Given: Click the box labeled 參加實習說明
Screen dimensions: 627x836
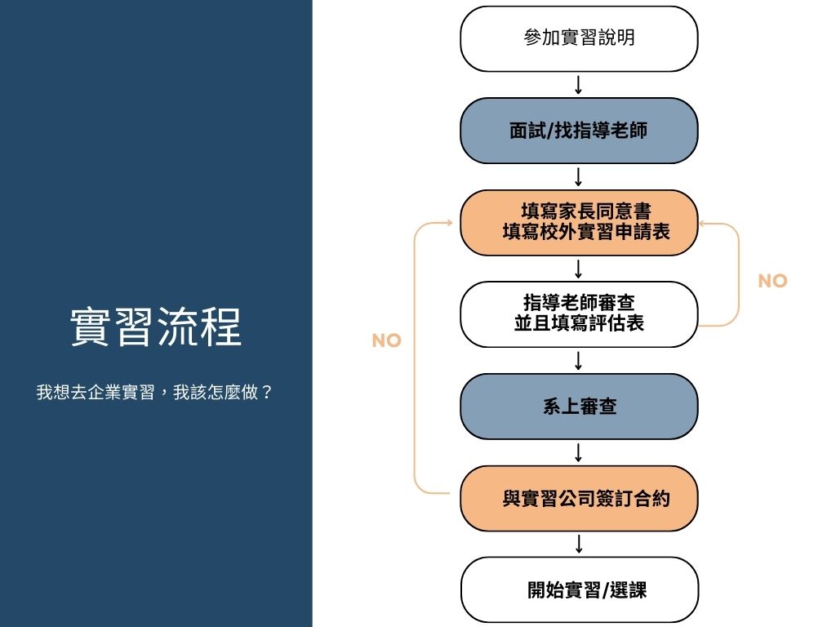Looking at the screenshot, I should (579, 38).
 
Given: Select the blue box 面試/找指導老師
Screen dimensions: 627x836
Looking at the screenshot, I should (579, 131).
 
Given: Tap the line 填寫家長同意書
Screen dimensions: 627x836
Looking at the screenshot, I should (585, 212).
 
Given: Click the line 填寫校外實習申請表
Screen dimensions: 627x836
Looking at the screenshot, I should (585, 232).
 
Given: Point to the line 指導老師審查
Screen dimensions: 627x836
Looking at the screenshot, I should (579, 304).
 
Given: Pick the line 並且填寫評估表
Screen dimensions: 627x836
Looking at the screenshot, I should (579, 323).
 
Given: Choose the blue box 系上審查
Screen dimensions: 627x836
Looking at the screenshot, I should (579, 407).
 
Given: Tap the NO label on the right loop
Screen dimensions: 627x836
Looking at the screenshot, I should (772, 281).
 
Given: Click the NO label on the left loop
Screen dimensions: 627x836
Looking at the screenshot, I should (386, 341).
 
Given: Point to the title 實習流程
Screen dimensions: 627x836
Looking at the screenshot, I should (156, 327).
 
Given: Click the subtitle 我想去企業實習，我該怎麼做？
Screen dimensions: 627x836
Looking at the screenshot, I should (154, 392).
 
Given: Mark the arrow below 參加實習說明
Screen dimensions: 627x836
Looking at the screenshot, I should (579, 85).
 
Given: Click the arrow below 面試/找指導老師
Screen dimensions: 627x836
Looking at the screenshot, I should (579, 176).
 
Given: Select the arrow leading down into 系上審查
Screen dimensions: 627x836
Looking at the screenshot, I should (579, 360).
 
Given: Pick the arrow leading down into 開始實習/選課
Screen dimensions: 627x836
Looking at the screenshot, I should (579, 544).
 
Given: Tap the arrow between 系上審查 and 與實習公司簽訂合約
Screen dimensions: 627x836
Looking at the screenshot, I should (579, 452).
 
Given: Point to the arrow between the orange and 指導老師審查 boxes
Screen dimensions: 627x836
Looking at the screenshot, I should (579, 269).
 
